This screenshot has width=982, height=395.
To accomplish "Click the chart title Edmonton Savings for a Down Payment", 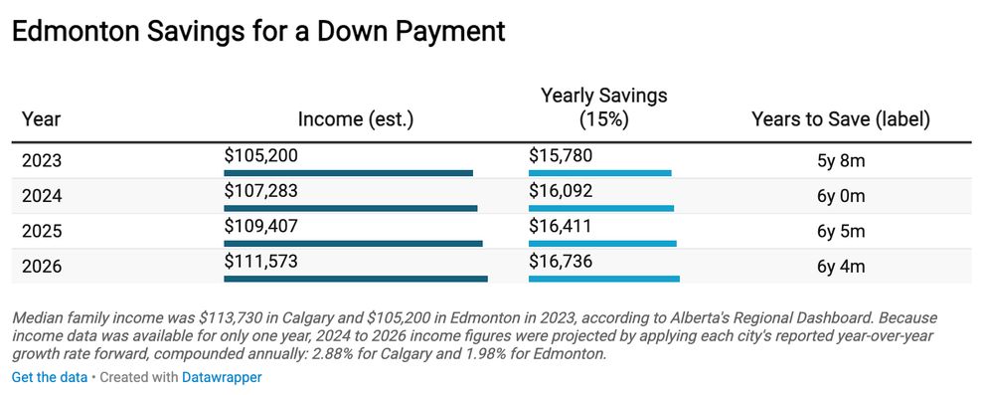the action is (x=258, y=31).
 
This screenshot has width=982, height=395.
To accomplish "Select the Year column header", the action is (x=42, y=119).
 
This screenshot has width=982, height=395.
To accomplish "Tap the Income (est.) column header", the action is (x=356, y=119).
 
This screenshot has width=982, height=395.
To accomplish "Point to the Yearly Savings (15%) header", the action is (x=603, y=107).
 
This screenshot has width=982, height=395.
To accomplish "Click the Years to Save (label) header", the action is (x=841, y=119).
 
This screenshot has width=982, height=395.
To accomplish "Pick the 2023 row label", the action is (x=42, y=161).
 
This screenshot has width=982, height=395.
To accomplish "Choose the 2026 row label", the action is (x=42, y=267).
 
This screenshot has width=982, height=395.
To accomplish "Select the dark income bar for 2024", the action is (x=351, y=208).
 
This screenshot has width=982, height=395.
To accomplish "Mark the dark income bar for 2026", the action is (x=356, y=279).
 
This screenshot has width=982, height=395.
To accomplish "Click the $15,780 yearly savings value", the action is (x=560, y=155).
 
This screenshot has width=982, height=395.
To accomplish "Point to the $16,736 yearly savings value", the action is (x=560, y=261).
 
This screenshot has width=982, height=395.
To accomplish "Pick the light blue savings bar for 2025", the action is (x=602, y=244).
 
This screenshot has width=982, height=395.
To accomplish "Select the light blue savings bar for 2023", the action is (x=600, y=173).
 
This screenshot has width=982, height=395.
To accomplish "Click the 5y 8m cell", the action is (x=841, y=161).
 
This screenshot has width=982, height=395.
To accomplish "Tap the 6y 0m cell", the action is (x=841, y=196).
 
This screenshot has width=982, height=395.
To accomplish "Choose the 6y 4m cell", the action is (x=841, y=267).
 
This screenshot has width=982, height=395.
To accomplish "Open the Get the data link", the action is (x=50, y=377).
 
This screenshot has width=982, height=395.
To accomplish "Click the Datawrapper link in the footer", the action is (x=222, y=377).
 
